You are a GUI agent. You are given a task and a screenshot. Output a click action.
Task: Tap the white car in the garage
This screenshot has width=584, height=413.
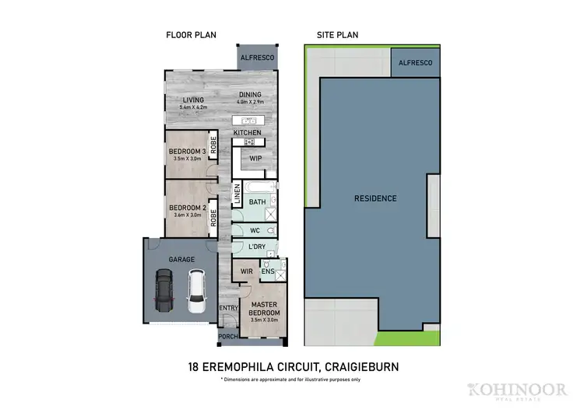195,288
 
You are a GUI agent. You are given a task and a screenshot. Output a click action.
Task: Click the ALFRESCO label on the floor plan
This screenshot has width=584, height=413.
257,58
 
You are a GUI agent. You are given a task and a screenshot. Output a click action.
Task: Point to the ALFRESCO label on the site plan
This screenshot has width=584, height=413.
415,61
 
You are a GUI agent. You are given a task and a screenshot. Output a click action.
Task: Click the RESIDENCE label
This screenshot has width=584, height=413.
375,198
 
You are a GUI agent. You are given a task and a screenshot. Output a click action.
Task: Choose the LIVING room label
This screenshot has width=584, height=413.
193,100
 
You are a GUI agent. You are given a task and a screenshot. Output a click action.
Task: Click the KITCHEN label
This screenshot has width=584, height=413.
248,133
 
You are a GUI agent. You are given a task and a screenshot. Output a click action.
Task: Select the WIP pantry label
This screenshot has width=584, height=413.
255,158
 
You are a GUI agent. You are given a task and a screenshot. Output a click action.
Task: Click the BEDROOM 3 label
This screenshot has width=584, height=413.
187,151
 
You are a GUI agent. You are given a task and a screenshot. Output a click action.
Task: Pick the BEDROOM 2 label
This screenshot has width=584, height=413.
187,208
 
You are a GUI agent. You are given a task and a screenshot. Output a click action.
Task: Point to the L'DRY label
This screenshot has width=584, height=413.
259,247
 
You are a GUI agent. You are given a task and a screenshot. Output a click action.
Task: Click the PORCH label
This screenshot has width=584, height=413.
227,337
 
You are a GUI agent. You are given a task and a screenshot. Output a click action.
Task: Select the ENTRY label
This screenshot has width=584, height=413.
227,309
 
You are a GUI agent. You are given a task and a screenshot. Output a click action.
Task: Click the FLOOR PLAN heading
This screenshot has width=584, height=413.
190,35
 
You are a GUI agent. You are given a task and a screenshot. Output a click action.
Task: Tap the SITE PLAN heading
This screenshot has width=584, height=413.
336,35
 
